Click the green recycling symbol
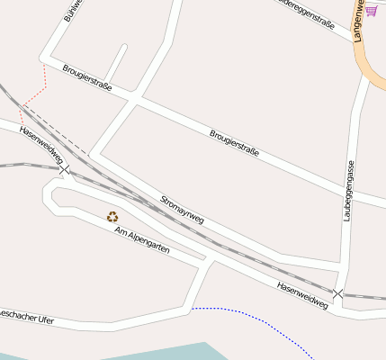112,216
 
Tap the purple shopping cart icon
371,11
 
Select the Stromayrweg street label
183,209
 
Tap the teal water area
180,351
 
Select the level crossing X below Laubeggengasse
337,294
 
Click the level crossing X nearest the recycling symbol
64,168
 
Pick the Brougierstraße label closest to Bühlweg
87,77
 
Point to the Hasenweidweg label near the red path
38,141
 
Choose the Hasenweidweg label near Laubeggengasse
302,294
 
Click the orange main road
369,63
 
